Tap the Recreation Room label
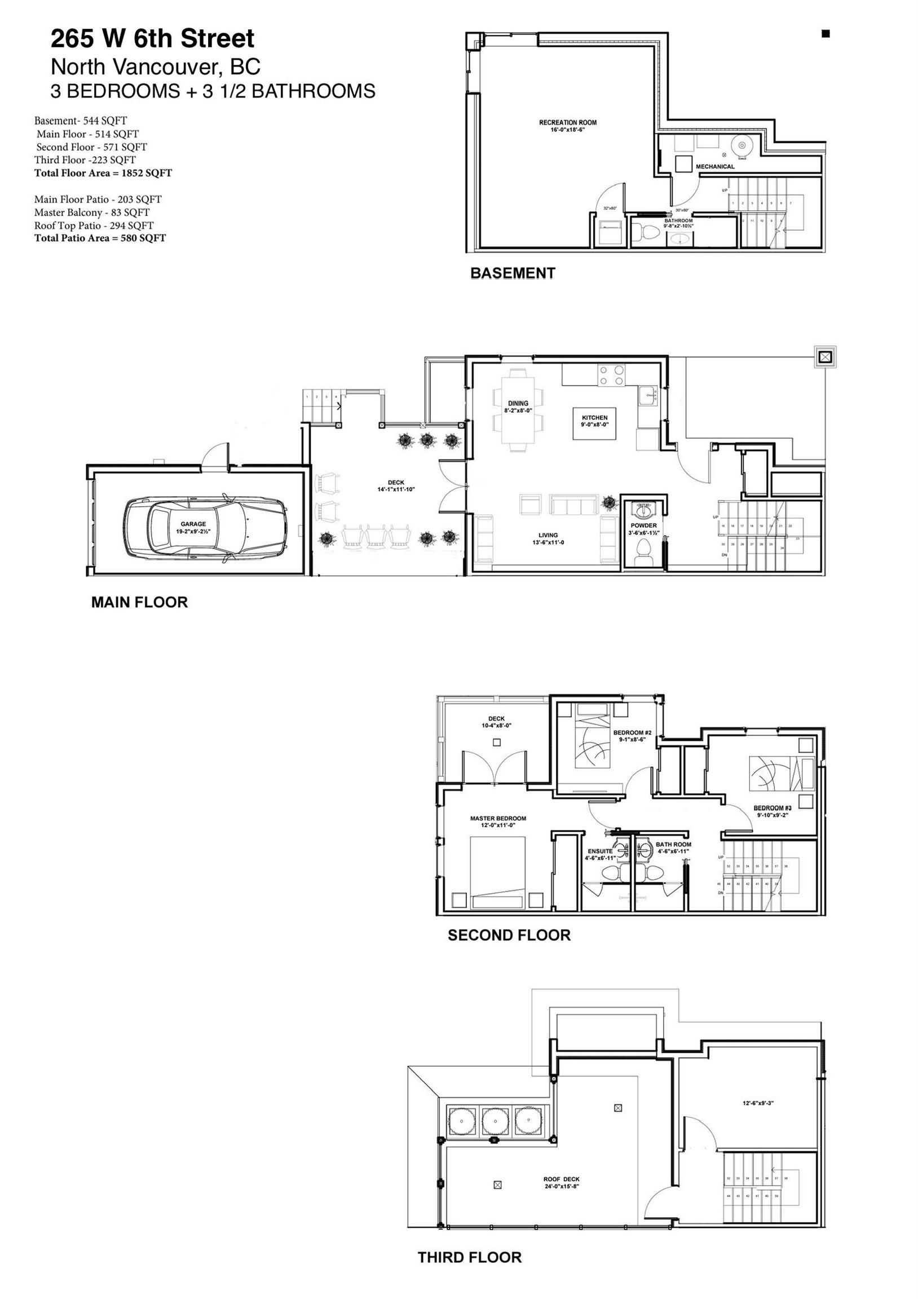[567, 122]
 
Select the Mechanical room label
[715, 166]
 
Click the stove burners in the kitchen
[611, 375]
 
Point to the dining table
[518, 410]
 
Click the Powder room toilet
[643, 550]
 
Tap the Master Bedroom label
[498, 818]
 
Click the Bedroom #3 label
[772, 808]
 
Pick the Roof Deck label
[562, 1179]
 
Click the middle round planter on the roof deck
[496, 1121]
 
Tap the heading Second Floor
[509, 935]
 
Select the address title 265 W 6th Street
[152, 39]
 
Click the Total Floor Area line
[103, 173]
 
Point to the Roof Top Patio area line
[94, 225]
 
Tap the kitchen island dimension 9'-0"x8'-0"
[594, 425]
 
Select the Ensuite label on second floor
[599, 851]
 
